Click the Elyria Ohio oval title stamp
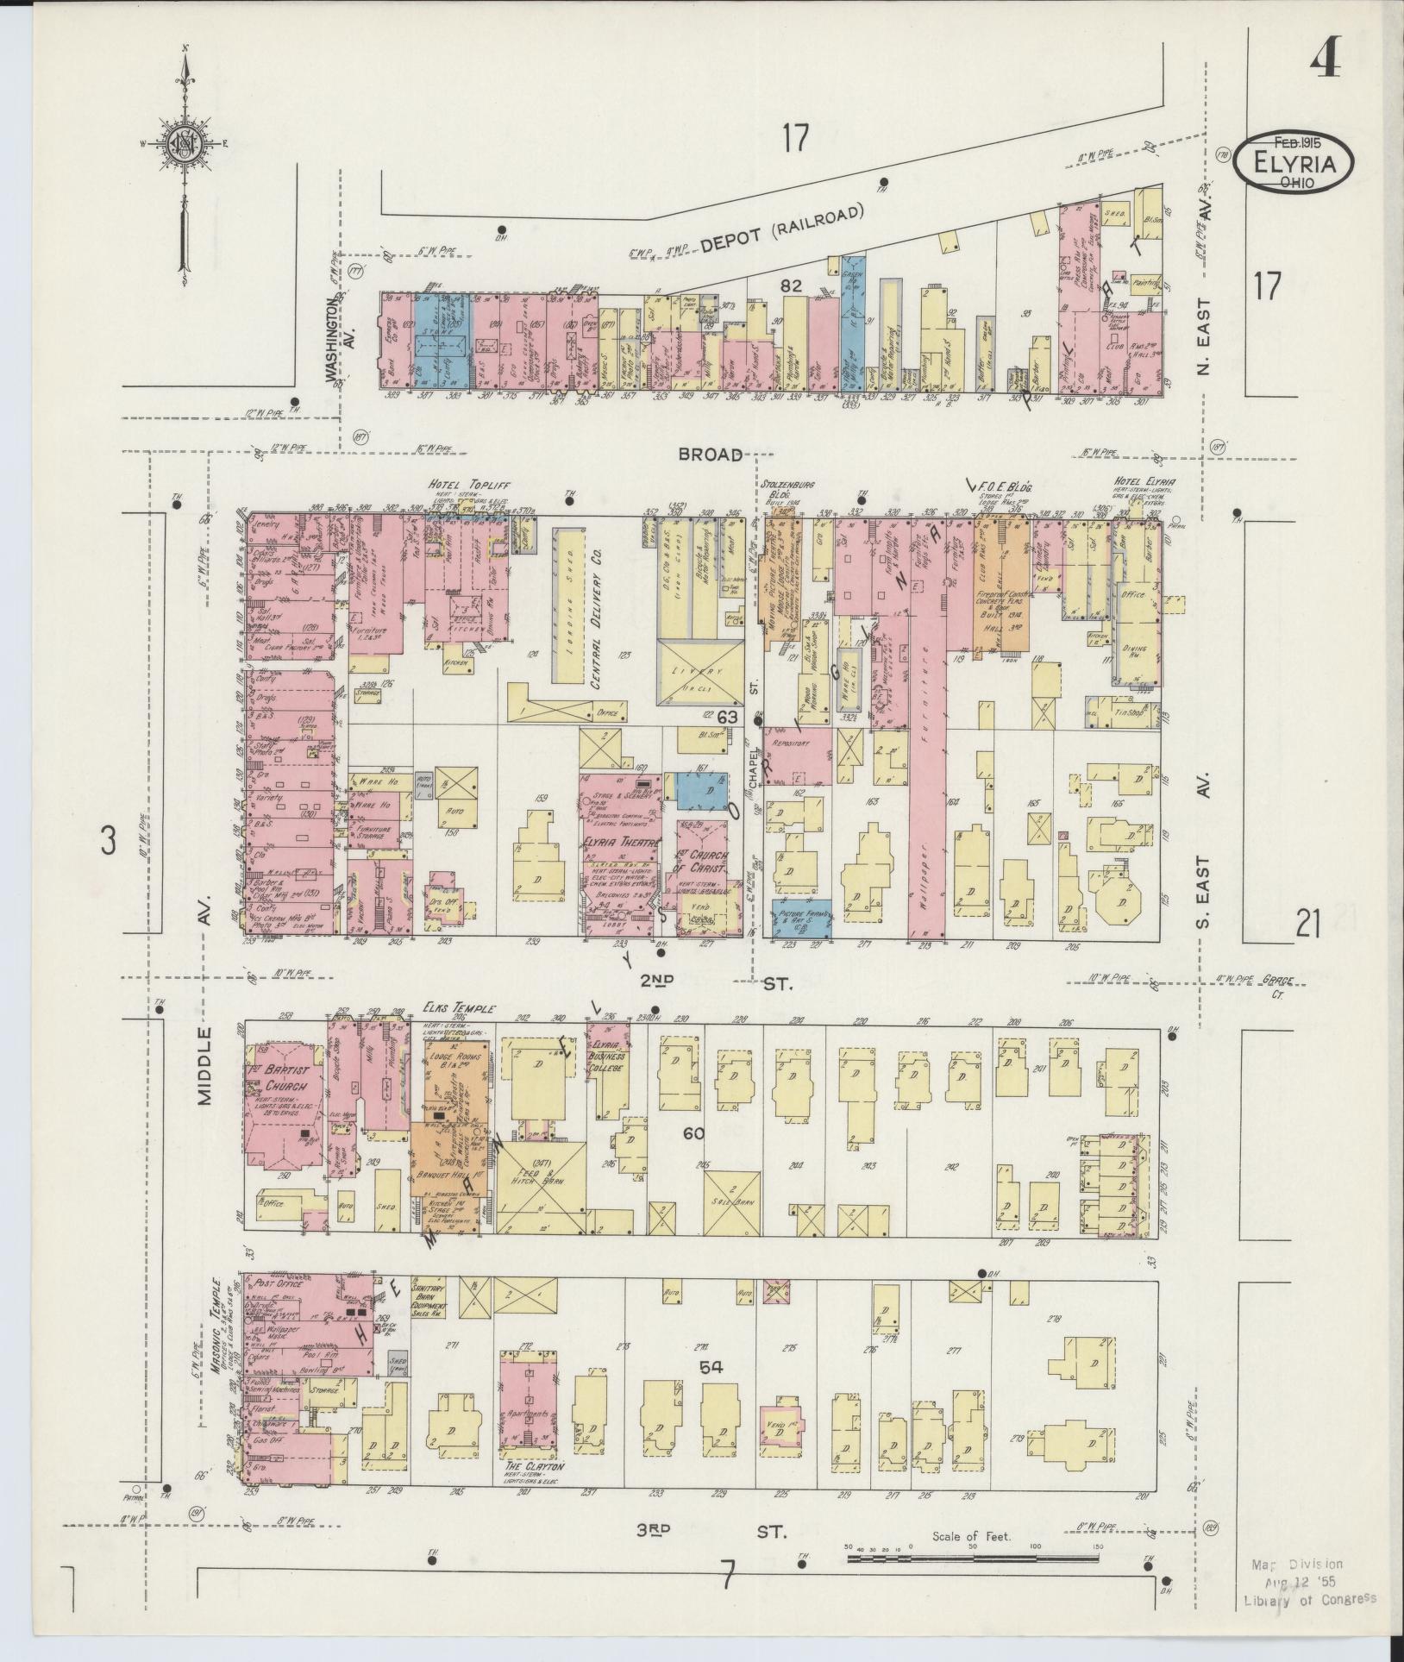pyautogui.click(x=1293, y=162)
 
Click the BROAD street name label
pyautogui.click(x=710, y=455)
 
